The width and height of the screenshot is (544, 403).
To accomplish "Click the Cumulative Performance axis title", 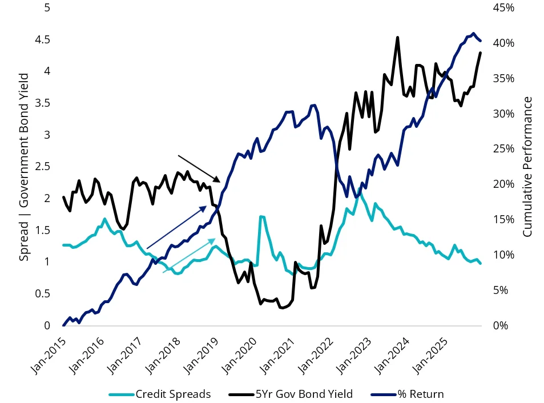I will point(527,167).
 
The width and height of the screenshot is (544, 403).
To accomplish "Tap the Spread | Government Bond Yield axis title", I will point(23,167).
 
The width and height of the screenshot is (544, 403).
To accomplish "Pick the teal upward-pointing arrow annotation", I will point(189,256).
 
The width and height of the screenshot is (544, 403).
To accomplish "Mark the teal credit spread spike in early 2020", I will point(261,217).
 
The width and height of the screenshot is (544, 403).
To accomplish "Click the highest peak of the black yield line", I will point(397,38).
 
